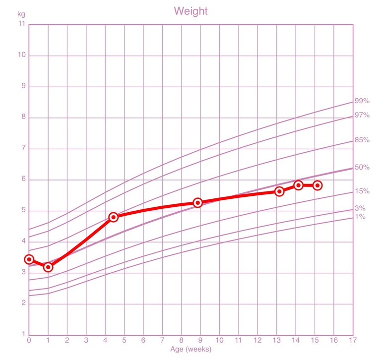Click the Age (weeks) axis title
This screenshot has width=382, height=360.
coord(191,349)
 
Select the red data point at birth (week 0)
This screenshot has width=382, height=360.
coord(29,259)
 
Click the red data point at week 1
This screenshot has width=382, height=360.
coord(48,267)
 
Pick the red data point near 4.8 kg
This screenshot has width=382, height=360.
coord(113,217)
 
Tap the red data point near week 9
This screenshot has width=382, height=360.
coord(197,202)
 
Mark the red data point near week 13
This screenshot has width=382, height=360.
coord(279,191)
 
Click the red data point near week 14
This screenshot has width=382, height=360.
coord(298,185)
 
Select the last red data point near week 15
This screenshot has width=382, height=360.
coord(318,185)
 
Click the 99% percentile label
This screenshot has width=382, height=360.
coord(362,101)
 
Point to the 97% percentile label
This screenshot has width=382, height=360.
coord(362,116)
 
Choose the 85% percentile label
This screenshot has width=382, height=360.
coord(362,140)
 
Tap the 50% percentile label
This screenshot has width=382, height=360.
coord(362,168)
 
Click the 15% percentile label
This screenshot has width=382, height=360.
coord(362,191)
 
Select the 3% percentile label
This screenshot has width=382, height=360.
coord(360,209)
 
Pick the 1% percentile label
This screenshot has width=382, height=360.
coord(360,217)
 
